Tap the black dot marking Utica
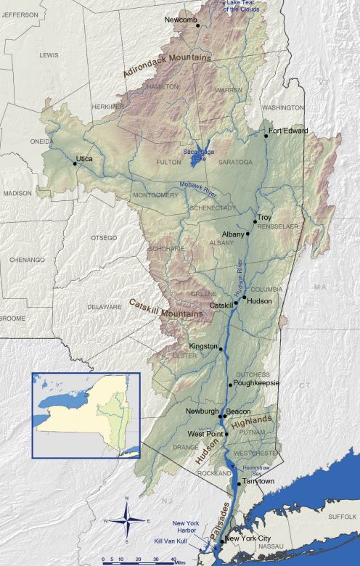[x=75, y=163]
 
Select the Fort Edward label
[x=288, y=131]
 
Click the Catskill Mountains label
[x=165, y=308]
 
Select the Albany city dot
[x=248, y=234]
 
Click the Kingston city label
[x=202, y=347]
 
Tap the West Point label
[x=205, y=434]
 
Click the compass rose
[x=127, y=519]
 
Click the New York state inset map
[x=85, y=415]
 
